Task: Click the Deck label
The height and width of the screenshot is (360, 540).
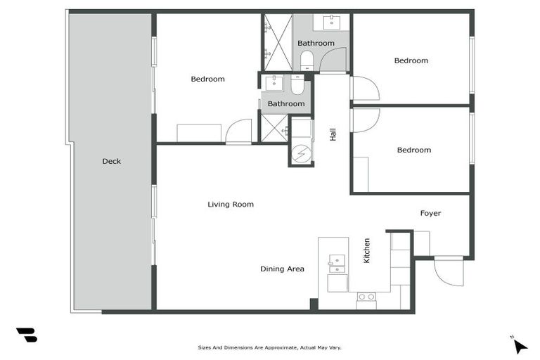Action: [112, 161]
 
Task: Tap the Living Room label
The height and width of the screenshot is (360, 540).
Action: [231, 205]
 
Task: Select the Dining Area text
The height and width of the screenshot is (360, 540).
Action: [282, 269]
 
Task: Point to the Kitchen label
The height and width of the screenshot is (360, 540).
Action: [366, 251]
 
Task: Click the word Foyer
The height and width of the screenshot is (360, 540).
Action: [430, 213]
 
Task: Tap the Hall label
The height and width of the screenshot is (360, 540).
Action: [333, 134]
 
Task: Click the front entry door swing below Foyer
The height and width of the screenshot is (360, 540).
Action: [448, 271]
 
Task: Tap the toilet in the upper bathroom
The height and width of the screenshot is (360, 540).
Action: [307, 60]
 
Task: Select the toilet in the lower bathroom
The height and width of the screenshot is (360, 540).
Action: [297, 86]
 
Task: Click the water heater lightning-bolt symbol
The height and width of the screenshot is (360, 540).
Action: [300, 153]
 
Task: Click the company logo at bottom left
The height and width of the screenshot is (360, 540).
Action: [27, 335]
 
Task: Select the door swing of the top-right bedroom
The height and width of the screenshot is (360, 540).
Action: [364, 89]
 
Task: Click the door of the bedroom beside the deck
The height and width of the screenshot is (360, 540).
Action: [239, 131]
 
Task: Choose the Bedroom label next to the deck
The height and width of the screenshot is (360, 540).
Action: [207, 79]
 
